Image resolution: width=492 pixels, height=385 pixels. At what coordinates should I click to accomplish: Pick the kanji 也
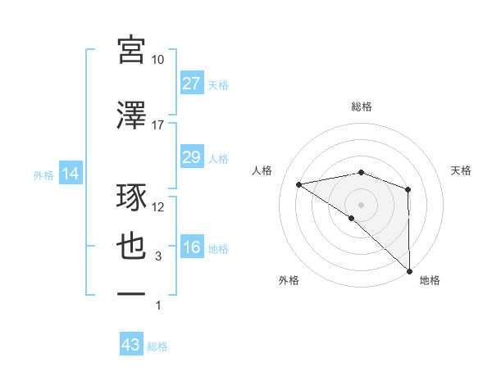coord(132,247)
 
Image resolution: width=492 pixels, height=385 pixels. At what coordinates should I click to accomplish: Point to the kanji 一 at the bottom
coord(132,293)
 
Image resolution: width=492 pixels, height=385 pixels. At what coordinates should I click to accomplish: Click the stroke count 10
coord(158,60)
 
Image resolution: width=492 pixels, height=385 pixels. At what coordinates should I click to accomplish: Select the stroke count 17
coord(158,125)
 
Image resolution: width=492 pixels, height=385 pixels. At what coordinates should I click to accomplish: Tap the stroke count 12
coord(158,208)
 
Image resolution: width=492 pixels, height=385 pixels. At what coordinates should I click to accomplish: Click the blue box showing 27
coord(191,84)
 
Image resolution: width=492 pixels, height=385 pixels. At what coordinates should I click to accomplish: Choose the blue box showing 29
coord(191,157)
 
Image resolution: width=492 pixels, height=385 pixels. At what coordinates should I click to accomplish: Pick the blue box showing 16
coord(191,248)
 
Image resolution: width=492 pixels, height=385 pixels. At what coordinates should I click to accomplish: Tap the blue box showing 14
coord(69,174)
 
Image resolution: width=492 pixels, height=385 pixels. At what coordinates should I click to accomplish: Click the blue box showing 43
coord(131,345)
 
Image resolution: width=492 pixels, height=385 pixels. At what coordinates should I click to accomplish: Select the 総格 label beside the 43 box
coord(158,346)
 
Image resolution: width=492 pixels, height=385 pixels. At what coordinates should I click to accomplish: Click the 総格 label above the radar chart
coord(362,107)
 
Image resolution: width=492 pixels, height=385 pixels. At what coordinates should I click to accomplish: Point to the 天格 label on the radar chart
coord(462,170)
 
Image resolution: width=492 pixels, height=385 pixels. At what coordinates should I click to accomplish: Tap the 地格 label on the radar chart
coord(430,280)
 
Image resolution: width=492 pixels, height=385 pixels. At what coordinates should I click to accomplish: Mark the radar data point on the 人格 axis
coord(299,184)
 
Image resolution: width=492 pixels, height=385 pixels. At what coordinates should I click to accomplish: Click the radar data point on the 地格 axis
coord(409,270)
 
